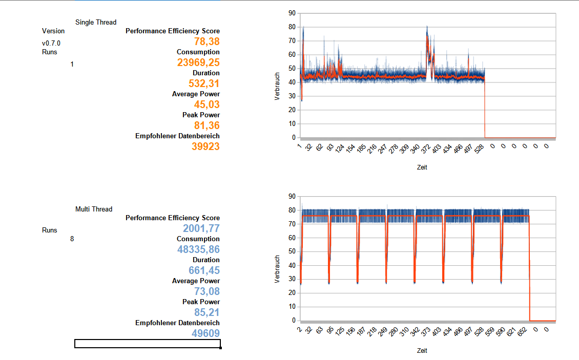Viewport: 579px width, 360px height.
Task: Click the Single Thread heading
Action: click(x=96, y=22)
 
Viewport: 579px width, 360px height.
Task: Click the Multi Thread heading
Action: click(x=94, y=209)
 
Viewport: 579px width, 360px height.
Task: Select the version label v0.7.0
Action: click(x=51, y=44)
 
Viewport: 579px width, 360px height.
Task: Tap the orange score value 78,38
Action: click(x=207, y=41)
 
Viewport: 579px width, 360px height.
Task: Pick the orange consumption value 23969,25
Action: click(x=198, y=62)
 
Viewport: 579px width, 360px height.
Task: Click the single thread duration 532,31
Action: click(x=204, y=83)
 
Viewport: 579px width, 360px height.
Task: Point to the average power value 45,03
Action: click(x=207, y=104)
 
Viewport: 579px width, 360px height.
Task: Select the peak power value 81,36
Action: click(x=207, y=125)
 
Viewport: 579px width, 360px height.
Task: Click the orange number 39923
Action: click(x=205, y=146)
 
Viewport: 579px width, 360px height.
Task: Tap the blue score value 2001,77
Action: click(x=201, y=228)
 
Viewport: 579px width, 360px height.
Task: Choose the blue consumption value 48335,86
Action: click(x=199, y=249)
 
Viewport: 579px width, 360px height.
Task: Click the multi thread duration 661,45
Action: click(x=204, y=270)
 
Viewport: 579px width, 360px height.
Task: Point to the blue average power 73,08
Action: click(x=207, y=291)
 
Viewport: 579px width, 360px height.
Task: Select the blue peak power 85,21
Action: click(x=207, y=312)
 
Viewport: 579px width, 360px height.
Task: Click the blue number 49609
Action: click(x=205, y=333)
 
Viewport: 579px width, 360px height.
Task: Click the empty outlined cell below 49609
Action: click(x=148, y=344)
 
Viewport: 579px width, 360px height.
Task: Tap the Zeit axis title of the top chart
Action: click(x=422, y=167)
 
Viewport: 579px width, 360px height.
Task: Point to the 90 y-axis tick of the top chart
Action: click(x=292, y=12)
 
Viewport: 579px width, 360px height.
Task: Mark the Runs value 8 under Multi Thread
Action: click(x=72, y=239)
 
